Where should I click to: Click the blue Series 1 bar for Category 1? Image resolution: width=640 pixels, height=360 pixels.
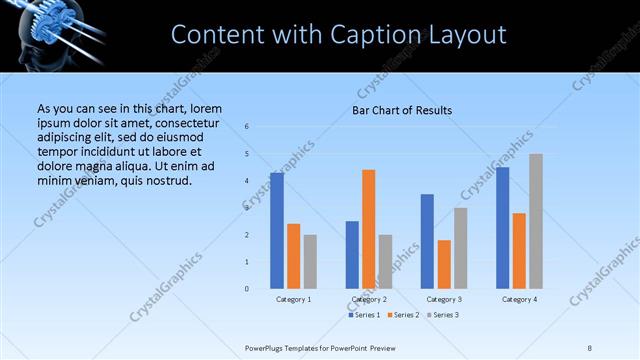[277, 231]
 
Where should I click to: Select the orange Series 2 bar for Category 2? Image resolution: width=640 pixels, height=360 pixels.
[368, 229]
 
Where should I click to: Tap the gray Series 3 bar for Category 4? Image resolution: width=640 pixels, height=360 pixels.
[535, 221]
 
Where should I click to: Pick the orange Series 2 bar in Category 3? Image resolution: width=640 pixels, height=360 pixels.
[444, 264]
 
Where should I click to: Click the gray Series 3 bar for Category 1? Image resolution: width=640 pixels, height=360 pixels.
[310, 262]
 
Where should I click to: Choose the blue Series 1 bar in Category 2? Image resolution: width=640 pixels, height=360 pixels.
[352, 255]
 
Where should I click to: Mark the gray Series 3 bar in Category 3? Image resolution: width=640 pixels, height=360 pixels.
[460, 248]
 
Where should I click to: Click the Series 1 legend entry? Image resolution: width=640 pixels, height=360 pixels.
[363, 315]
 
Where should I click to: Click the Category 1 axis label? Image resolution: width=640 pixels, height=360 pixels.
[294, 299]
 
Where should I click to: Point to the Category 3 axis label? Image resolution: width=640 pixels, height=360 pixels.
[444, 299]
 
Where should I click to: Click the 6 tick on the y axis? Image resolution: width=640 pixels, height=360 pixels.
[247, 127]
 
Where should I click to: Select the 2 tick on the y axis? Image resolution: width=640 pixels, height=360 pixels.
[247, 235]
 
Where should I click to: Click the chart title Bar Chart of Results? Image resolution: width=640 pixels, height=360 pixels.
[402, 109]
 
